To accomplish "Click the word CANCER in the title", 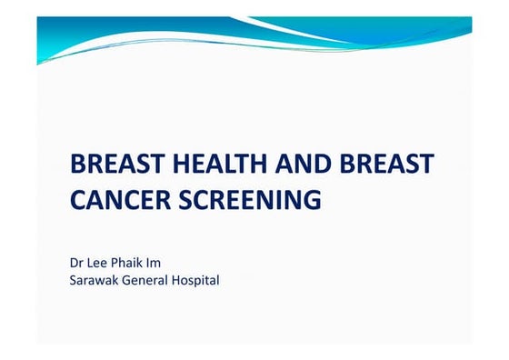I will [115, 199].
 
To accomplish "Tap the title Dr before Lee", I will [77, 263].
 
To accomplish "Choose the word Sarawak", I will [94, 280].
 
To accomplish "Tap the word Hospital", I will [197, 280].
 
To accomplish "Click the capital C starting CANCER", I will [78, 199].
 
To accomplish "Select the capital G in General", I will [127, 280].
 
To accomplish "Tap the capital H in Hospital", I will [180, 280].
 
